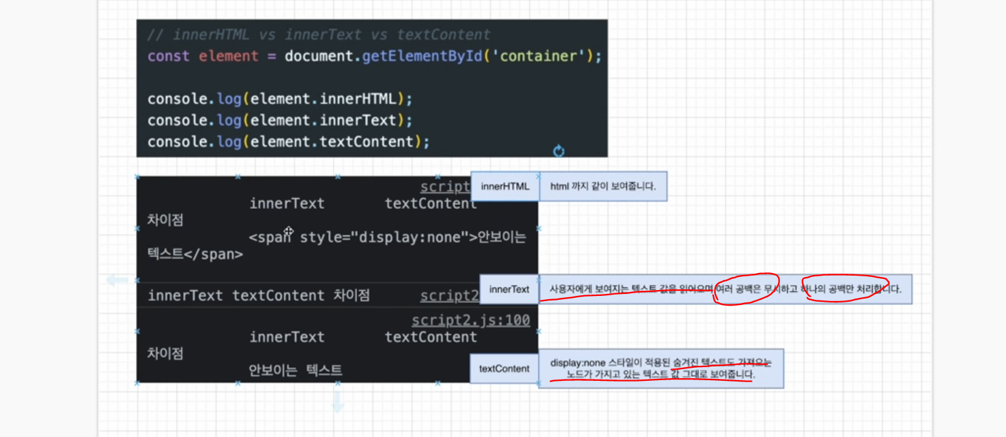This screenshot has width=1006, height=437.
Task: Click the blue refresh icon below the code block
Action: [x=559, y=152]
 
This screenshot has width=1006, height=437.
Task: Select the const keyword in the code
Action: [x=169, y=56]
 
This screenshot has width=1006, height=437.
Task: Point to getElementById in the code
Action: [x=421, y=56]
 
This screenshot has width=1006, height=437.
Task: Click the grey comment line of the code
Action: [x=319, y=35]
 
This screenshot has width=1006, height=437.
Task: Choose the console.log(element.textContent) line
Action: [x=289, y=142]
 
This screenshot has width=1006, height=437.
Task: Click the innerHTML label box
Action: [x=505, y=187]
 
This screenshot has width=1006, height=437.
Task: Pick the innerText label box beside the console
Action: [x=510, y=289]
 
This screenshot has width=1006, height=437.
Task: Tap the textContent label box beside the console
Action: [x=504, y=368]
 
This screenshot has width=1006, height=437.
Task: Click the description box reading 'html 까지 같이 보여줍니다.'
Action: [x=603, y=187]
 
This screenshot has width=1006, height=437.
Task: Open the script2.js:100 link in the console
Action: [x=470, y=320]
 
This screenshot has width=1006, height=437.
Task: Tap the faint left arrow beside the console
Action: [x=118, y=280]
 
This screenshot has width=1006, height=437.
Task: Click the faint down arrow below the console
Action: [x=338, y=402]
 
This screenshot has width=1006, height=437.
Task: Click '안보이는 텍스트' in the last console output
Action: [x=295, y=370]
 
